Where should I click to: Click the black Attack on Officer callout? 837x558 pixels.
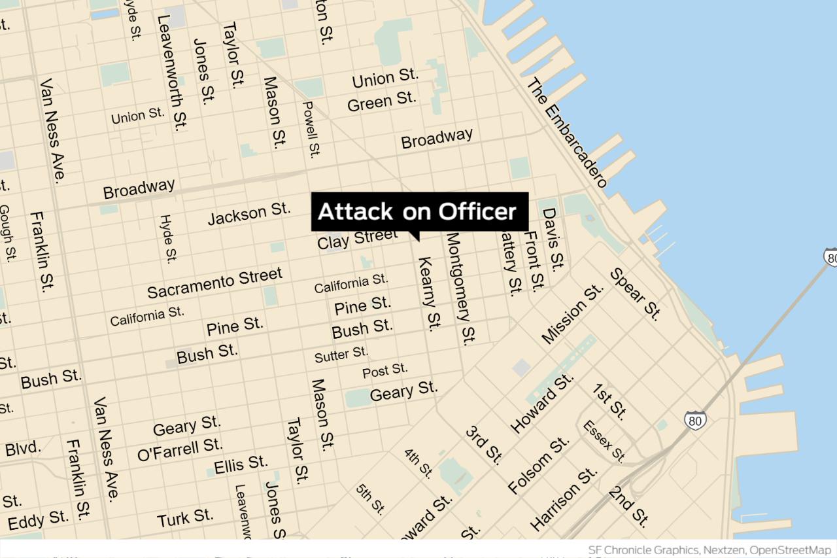418,211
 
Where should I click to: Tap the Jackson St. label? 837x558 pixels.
248,213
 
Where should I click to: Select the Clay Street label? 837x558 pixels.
357,239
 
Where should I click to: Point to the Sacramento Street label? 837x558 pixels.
214,283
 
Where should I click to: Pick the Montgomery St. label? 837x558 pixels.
461,288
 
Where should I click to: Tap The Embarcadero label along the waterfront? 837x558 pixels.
567,133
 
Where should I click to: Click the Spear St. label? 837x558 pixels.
635,294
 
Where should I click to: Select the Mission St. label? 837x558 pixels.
572,313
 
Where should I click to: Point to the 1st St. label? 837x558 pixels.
609,400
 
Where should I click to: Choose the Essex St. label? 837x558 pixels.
604,441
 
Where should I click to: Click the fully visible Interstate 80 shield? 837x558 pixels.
695,420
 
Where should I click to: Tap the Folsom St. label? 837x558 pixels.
539,465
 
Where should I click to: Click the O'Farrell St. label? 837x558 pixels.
180,449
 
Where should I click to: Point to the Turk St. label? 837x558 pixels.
185,518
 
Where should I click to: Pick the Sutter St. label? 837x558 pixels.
341,354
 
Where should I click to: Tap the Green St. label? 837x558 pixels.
381,101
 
